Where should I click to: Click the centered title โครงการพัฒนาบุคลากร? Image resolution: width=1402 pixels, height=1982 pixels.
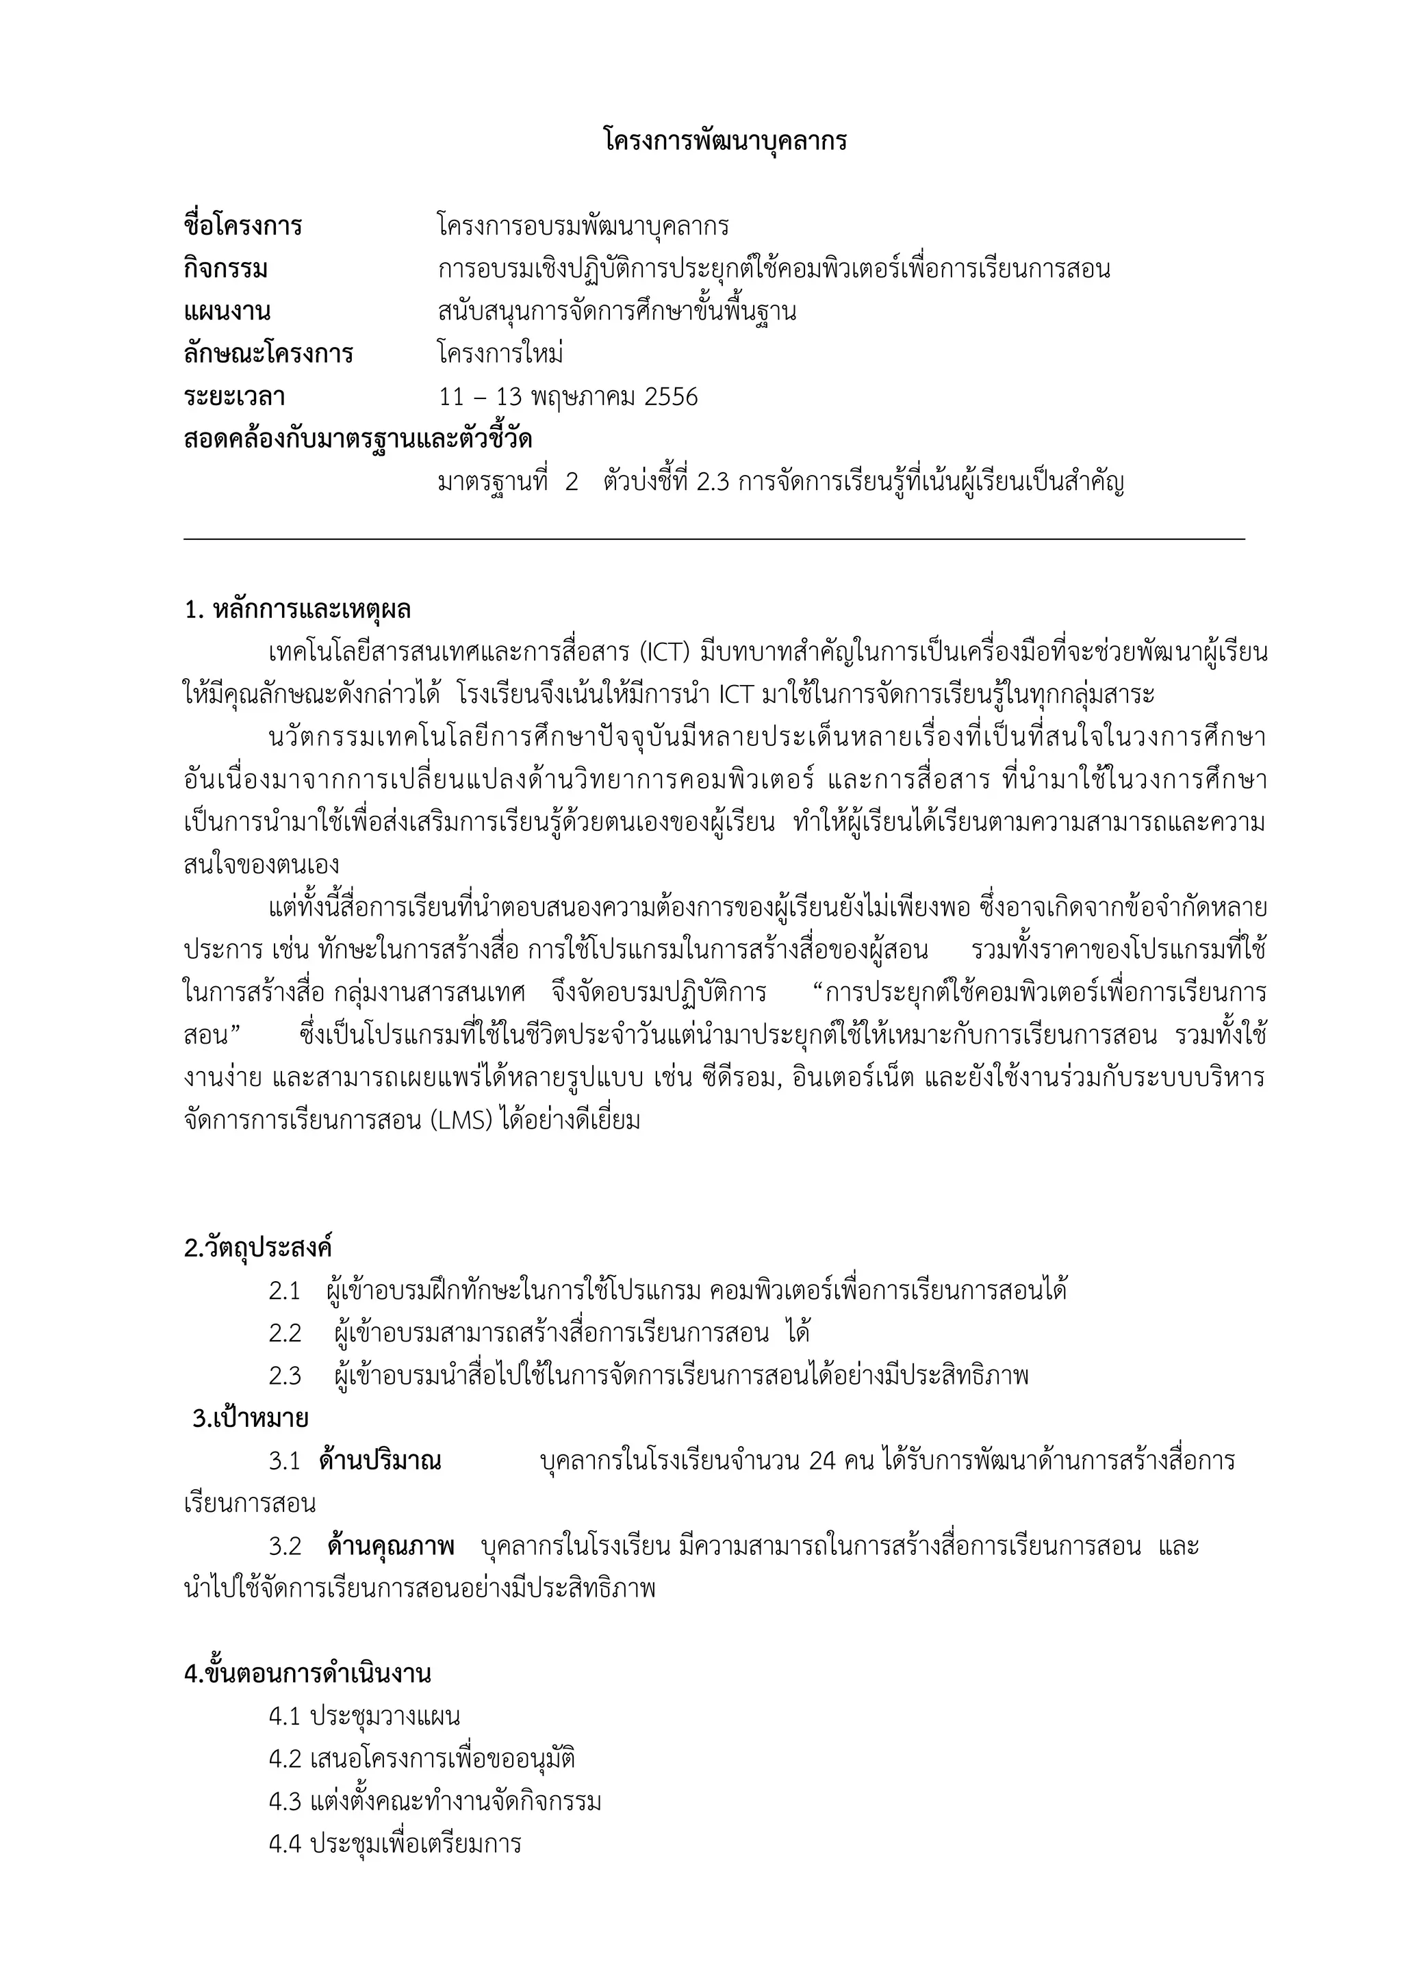coord(724,141)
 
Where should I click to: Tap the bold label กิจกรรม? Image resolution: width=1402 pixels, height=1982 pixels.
coord(225,270)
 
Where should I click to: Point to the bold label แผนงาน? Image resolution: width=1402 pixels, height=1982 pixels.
coord(227,311)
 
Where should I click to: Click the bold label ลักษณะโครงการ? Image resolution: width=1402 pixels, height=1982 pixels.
coord(268,354)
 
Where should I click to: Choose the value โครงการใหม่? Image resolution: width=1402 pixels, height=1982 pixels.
coord(500,354)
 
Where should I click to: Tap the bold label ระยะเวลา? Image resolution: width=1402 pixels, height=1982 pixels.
coord(234,397)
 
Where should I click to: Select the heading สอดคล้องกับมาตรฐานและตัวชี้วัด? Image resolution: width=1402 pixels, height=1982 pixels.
coord(357,440)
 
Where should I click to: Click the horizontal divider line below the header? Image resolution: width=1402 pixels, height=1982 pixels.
coord(714,539)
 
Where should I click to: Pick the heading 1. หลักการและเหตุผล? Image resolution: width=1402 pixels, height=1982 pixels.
coord(297,610)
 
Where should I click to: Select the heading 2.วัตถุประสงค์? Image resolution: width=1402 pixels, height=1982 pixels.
coord(258,1248)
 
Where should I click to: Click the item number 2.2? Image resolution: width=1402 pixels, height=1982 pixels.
coord(285,1334)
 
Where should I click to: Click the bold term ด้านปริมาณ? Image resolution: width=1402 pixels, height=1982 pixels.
coord(380,1461)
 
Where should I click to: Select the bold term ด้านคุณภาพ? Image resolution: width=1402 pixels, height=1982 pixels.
coord(390,1547)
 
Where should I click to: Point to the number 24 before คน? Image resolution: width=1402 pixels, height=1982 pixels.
coord(823,1461)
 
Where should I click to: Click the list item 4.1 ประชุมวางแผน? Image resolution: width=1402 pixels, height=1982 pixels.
coord(364,1717)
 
